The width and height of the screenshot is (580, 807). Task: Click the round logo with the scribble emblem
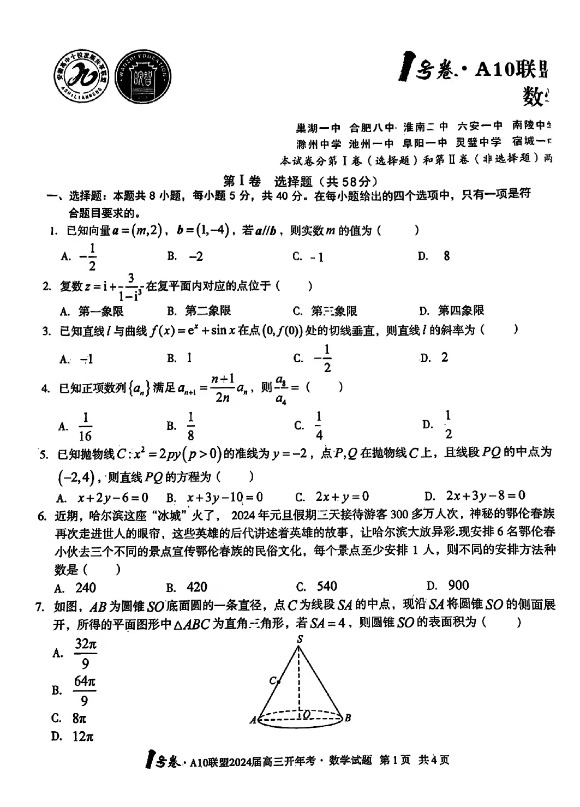[x=83, y=76]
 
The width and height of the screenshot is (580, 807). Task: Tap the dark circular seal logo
[x=143, y=76]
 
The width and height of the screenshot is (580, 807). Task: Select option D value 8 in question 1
[x=446, y=256]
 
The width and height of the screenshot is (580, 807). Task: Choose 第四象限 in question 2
[x=461, y=311]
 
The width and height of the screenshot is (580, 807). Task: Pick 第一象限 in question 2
[x=101, y=311]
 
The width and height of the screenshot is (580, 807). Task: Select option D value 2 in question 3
[x=444, y=357]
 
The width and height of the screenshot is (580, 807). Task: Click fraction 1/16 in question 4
[x=86, y=427]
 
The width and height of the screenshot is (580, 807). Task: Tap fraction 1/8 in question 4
[x=191, y=427]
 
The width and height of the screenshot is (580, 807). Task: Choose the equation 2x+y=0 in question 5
[x=342, y=497]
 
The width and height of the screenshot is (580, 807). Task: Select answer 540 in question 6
[x=327, y=587]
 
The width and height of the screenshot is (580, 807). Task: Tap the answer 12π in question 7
[x=83, y=737]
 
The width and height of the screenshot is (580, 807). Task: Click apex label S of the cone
[x=300, y=639]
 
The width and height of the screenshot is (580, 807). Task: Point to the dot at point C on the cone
[x=278, y=681]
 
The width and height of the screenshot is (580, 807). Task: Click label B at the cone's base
[x=348, y=718]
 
